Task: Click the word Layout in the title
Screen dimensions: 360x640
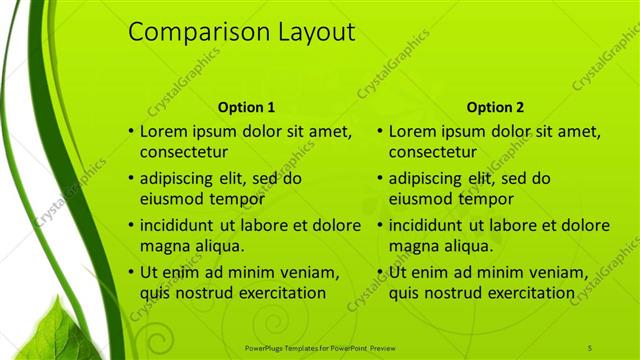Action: click(309, 33)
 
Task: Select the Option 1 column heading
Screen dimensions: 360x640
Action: click(245, 107)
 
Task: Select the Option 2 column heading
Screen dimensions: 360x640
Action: click(494, 107)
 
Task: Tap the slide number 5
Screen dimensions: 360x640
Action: click(590, 347)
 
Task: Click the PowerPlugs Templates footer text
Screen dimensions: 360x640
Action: click(320, 347)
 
